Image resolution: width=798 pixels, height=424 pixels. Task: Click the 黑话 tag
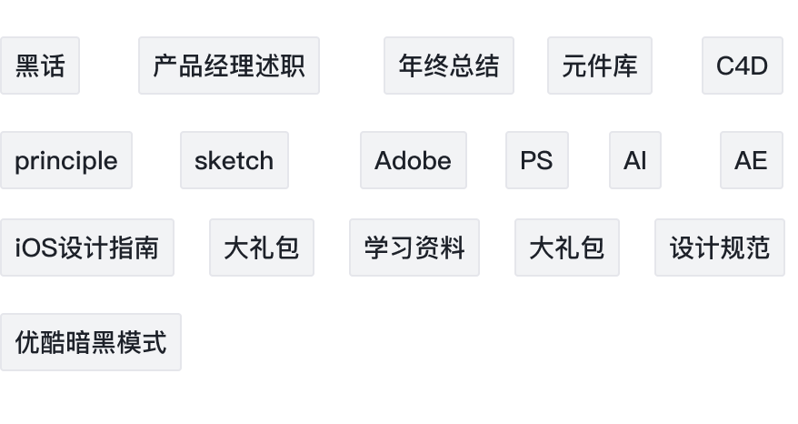pyautogui.click(x=40, y=66)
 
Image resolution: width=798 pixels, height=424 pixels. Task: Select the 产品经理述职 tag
pyautogui.click(x=229, y=66)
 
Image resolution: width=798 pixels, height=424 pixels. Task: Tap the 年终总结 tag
pyautogui.click(x=449, y=66)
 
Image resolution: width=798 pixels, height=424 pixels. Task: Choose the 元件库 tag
pyautogui.click(x=600, y=66)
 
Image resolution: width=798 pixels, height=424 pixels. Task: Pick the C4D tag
pyautogui.click(x=742, y=66)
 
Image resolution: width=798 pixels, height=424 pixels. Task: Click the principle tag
pyautogui.click(x=66, y=160)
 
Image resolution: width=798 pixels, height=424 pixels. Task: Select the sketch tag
pyautogui.click(x=234, y=160)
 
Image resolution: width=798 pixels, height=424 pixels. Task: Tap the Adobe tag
pyautogui.click(x=414, y=160)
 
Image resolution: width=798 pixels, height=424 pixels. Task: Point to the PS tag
pyautogui.click(x=537, y=160)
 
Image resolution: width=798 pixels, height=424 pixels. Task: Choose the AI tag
pyautogui.click(x=635, y=160)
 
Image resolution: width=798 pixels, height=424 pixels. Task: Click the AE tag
pyautogui.click(x=751, y=160)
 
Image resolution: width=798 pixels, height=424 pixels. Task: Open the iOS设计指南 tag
pyautogui.click(x=87, y=247)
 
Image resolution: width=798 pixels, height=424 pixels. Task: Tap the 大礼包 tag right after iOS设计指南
pyautogui.click(x=262, y=247)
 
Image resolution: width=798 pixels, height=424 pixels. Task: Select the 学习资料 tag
pyautogui.click(x=414, y=247)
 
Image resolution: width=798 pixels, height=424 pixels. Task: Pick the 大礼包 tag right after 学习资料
pyautogui.click(x=567, y=247)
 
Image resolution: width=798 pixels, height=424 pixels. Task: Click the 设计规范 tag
pyautogui.click(x=719, y=247)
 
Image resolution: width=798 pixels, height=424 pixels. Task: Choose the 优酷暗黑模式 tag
pyautogui.click(x=91, y=342)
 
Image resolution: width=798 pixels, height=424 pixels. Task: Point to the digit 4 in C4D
pyautogui.click(x=742, y=66)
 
